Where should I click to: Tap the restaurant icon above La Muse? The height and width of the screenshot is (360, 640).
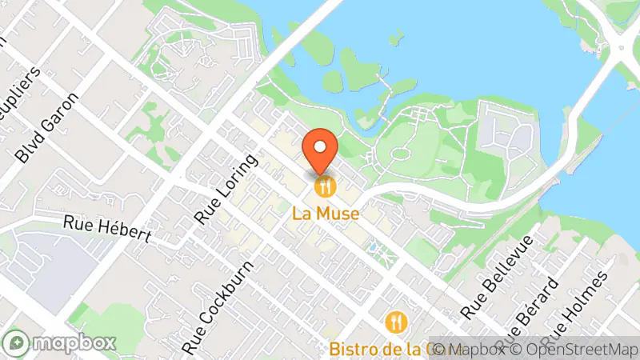pyautogui.click(x=325, y=188)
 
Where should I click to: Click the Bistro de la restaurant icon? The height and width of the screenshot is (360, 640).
pyautogui.click(x=397, y=323)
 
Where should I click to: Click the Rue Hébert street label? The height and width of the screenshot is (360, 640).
pyautogui.click(x=109, y=229)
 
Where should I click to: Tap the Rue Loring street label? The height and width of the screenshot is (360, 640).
pyautogui.click(x=227, y=188)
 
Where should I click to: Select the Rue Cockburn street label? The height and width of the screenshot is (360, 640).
pyautogui.click(x=217, y=307)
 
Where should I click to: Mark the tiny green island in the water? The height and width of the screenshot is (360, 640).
pyautogui.click(x=397, y=36)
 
